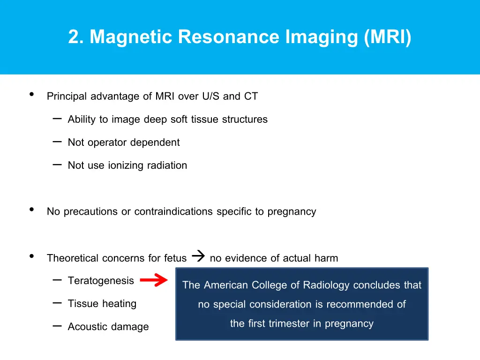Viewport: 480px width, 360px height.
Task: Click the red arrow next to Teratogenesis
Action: pyautogui.click(x=154, y=281)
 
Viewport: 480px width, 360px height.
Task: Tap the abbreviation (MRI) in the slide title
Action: pyautogui.click(x=388, y=37)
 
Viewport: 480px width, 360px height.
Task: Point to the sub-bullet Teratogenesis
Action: pyautogui.click(x=101, y=281)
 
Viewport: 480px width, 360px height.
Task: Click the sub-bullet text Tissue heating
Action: pyautogui.click(x=102, y=304)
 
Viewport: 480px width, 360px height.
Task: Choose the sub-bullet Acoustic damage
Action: pyautogui.click(x=108, y=327)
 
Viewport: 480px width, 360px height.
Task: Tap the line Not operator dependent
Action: pyautogui.click(x=124, y=142)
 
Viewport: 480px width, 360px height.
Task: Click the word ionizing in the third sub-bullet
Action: pyautogui.click(x=127, y=165)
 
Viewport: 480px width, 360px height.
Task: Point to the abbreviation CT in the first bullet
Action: pyautogui.click(x=251, y=97)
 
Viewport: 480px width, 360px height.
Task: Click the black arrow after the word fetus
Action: pyautogui.click(x=198, y=256)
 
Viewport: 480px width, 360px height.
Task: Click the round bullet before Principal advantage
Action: pyautogui.click(x=31, y=95)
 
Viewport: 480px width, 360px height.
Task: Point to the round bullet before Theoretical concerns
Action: pyautogui.click(x=31, y=256)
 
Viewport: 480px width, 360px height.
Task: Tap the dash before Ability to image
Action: pyautogui.click(x=57, y=119)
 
